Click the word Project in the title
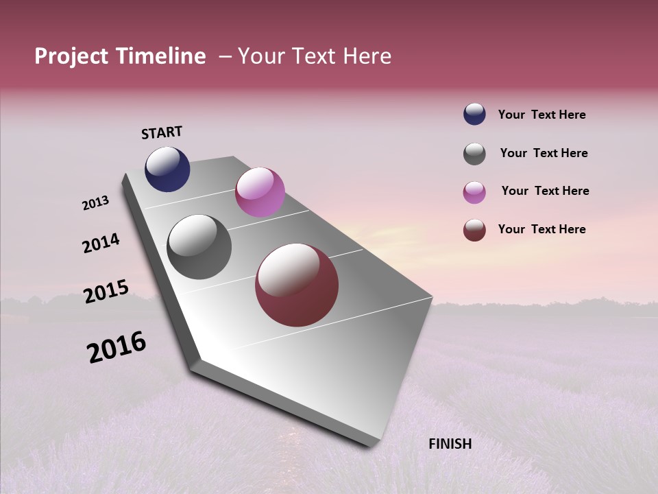[71, 57]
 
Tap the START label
[162, 132]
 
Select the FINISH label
[450, 444]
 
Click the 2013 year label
[95, 203]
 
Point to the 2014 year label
[101, 243]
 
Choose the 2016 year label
[117, 346]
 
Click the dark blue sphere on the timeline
[167, 169]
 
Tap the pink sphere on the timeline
[260, 192]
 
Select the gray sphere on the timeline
[199, 247]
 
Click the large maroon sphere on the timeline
[297, 285]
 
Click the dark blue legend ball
[474, 114]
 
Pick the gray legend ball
[474, 154]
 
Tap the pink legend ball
[474, 192]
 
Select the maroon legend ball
[474, 230]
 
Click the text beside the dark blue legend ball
[541, 115]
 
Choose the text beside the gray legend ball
[544, 153]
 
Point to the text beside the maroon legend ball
[541, 229]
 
